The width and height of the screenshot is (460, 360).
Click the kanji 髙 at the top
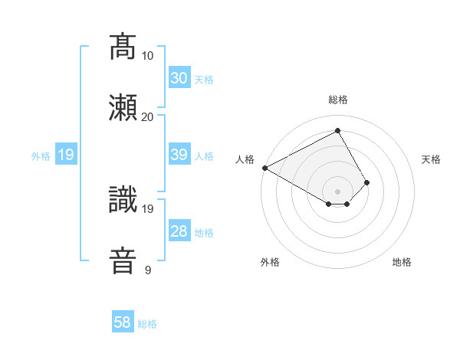pos(123,47)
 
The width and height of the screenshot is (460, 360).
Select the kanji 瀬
pos(123,108)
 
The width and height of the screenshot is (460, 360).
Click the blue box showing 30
pos(179,78)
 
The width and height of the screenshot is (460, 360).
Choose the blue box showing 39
pos(179,155)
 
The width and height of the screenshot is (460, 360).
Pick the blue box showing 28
pos(179,232)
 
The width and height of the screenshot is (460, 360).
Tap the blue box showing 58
pos(123,322)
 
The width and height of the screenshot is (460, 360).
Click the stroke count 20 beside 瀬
pos(147,116)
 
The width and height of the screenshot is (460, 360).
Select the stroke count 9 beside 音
pos(148,270)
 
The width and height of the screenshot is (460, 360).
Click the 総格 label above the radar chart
pos(338,100)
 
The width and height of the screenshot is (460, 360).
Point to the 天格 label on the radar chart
pos(432,159)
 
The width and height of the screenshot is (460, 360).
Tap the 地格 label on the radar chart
pos(402,262)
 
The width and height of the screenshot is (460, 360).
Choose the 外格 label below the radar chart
pos(270,262)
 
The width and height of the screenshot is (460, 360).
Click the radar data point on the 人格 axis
pos(264,168)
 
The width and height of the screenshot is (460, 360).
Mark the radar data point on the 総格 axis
pos(337,131)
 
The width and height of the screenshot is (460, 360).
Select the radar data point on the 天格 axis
pos(367,182)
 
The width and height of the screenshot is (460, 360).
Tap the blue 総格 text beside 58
pos(147,324)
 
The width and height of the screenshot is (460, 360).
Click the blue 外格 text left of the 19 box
pos(41,156)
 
